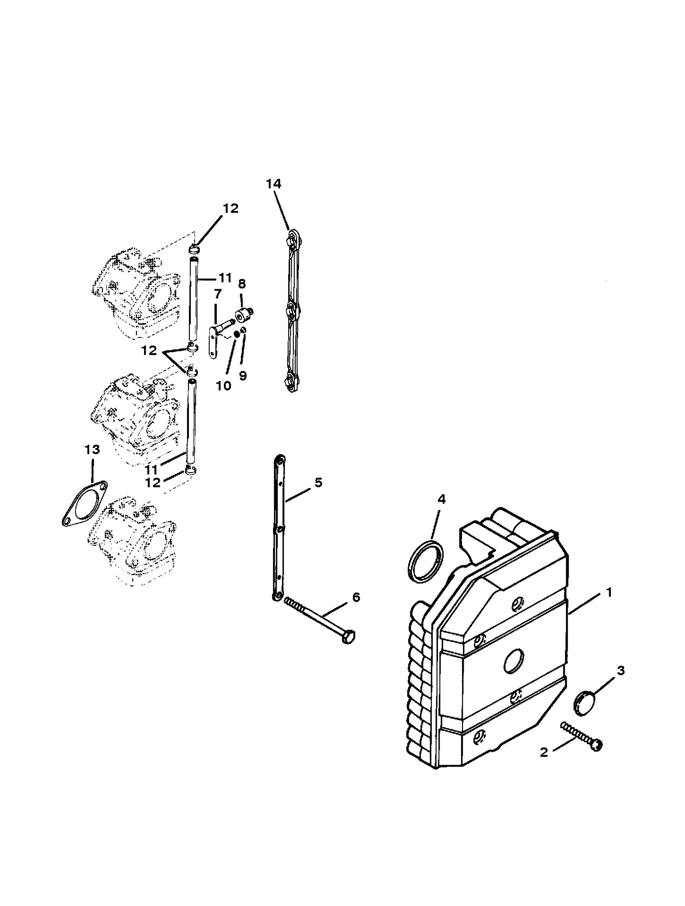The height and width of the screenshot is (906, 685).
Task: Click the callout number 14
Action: (273, 184)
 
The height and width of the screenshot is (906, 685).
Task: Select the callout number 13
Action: (92, 450)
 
